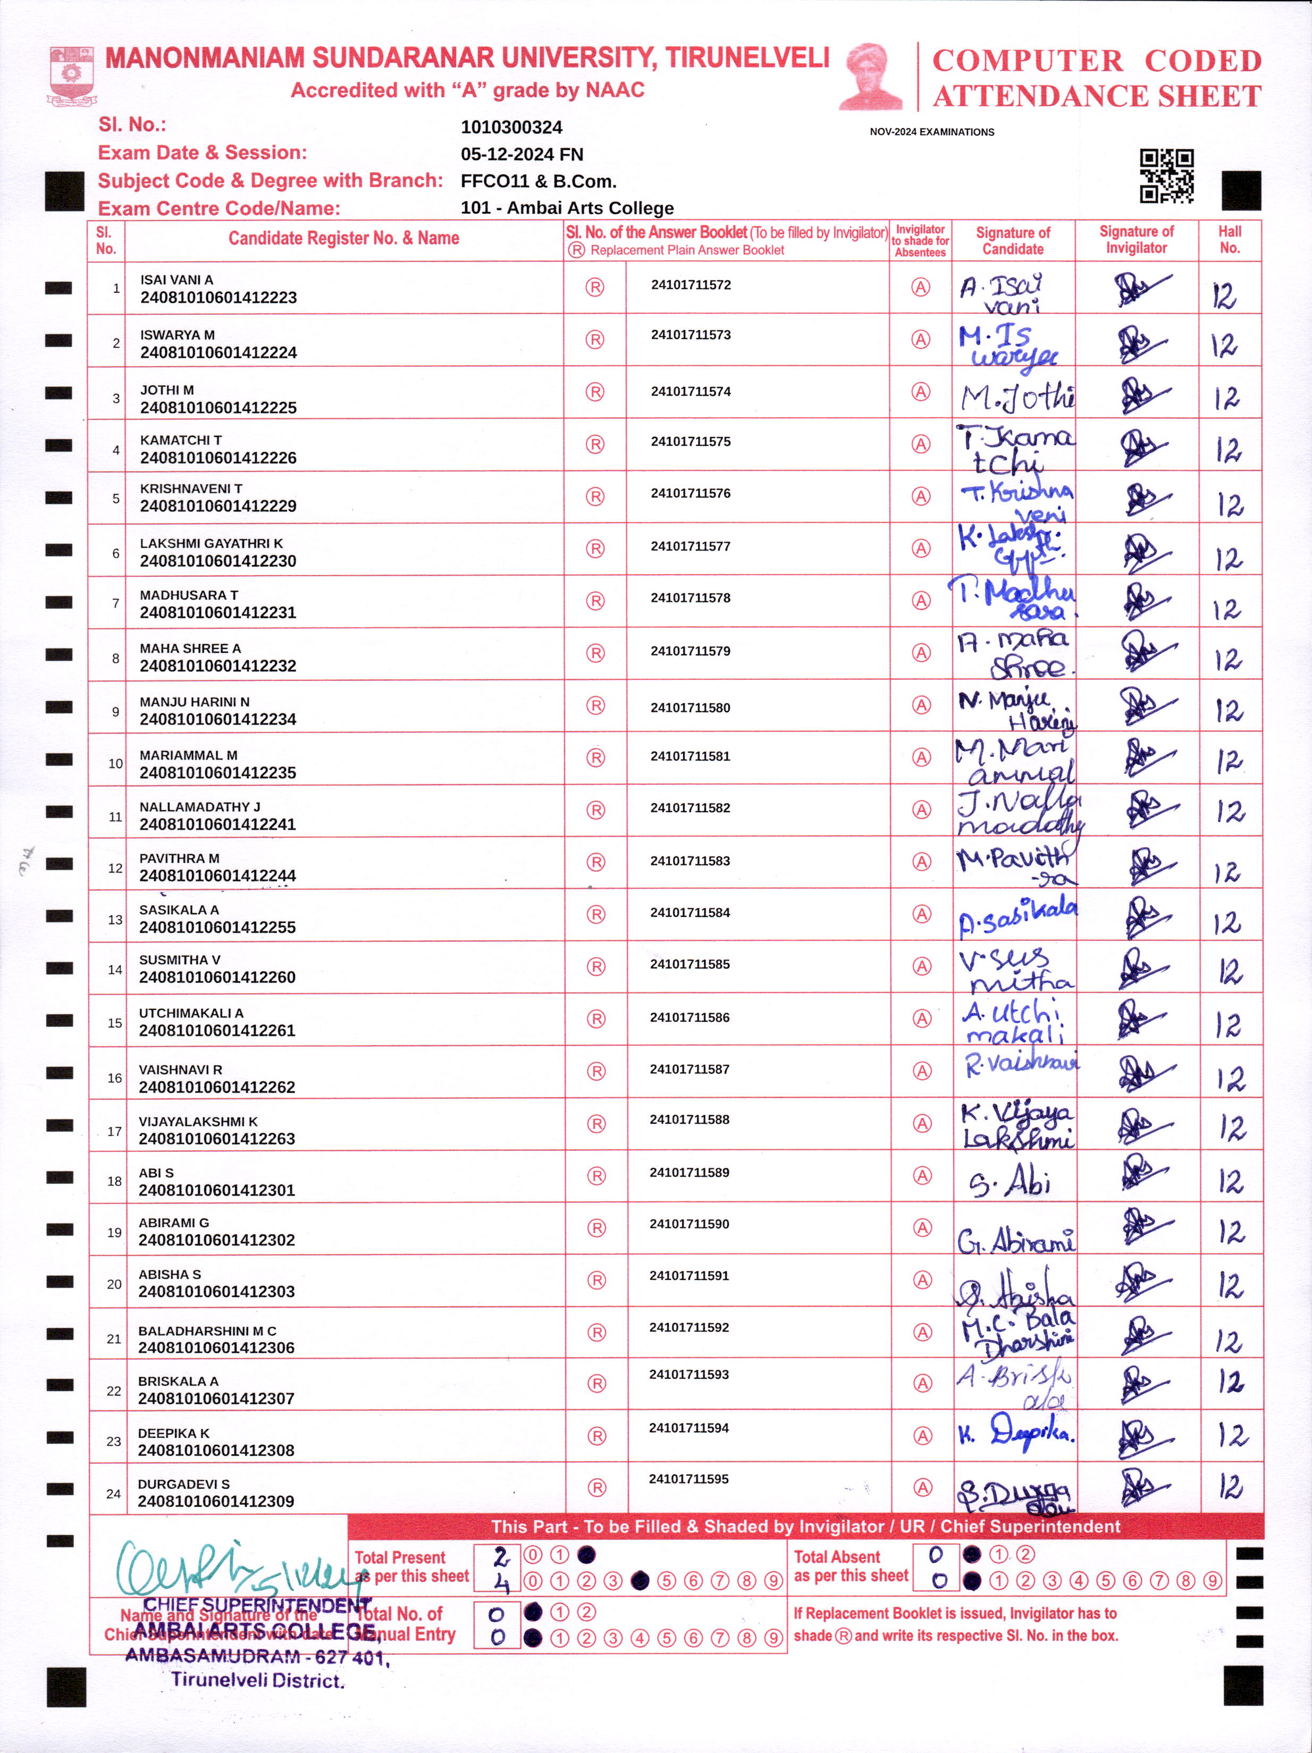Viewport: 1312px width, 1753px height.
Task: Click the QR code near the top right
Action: tap(1166, 176)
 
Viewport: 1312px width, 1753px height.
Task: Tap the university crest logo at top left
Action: tap(72, 75)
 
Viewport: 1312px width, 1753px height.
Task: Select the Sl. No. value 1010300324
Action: tap(511, 128)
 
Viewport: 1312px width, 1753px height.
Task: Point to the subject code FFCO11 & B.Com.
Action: tap(539, 181)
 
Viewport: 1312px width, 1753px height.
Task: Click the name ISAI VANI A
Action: tap(177, 280)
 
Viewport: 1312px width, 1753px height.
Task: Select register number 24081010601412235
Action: tap(217, 773)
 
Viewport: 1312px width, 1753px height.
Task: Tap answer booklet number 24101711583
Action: tap(689, 861)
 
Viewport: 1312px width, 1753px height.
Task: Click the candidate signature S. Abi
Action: tap(1011, 1183)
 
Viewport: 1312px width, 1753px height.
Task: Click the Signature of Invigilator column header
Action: tap(1136, 239)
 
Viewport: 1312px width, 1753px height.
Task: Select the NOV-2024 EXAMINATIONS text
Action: tap(931, 132)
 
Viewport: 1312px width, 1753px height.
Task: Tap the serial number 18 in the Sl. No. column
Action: tap(114, 1182)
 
